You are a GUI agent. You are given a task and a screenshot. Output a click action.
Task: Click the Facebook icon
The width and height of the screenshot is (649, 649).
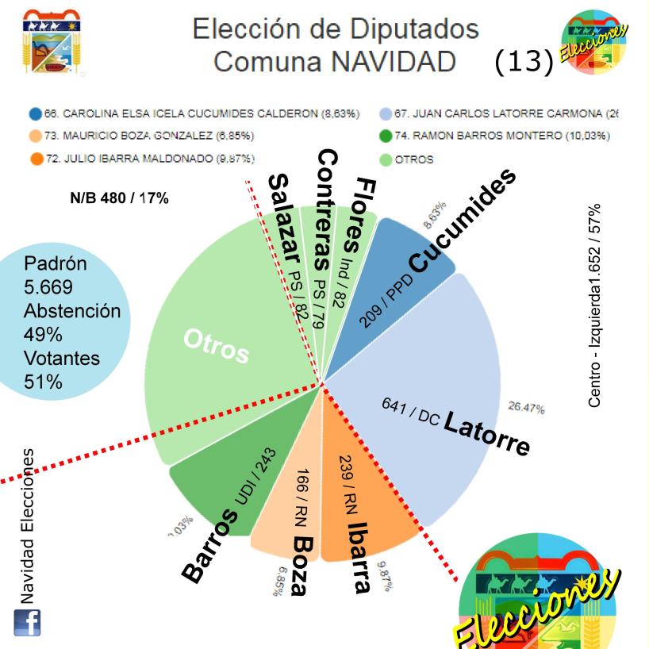coord(27,622)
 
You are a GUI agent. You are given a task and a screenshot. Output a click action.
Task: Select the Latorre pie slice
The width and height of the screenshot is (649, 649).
coord(428,381)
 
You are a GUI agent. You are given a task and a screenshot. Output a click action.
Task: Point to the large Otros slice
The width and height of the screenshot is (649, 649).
coord(222,333)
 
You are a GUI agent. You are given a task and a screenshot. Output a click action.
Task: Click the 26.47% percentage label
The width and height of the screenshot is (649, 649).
coord(526,408)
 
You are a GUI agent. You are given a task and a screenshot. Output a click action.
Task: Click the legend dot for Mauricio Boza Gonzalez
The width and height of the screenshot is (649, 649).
coord(35,136)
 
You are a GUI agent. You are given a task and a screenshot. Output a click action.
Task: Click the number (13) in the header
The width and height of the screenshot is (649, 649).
coord(523,62)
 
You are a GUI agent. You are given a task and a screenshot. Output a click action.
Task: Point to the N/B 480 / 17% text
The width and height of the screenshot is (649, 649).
coord(119,198)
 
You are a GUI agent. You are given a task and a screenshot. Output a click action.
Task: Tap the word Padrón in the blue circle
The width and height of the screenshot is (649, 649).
coord(56,263)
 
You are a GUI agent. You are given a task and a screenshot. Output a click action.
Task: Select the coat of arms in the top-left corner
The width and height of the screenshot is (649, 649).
coord(51,44)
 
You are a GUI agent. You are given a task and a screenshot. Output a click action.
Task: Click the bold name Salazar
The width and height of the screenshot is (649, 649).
coord(282,223)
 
